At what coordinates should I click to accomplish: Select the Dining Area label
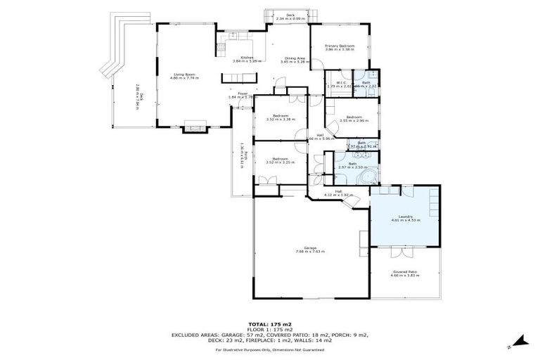tap(294, 58)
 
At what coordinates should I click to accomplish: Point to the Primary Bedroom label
tap(339, 46)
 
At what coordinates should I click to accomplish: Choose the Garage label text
tap(310, 247)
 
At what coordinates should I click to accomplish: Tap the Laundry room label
tap(405, 216)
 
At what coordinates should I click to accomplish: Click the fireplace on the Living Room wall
tap(193, 129)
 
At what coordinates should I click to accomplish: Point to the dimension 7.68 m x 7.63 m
tap(310, 251)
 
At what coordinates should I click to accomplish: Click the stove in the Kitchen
tap(221, 48)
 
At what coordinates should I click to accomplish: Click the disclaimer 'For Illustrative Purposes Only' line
tap(269, 349)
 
